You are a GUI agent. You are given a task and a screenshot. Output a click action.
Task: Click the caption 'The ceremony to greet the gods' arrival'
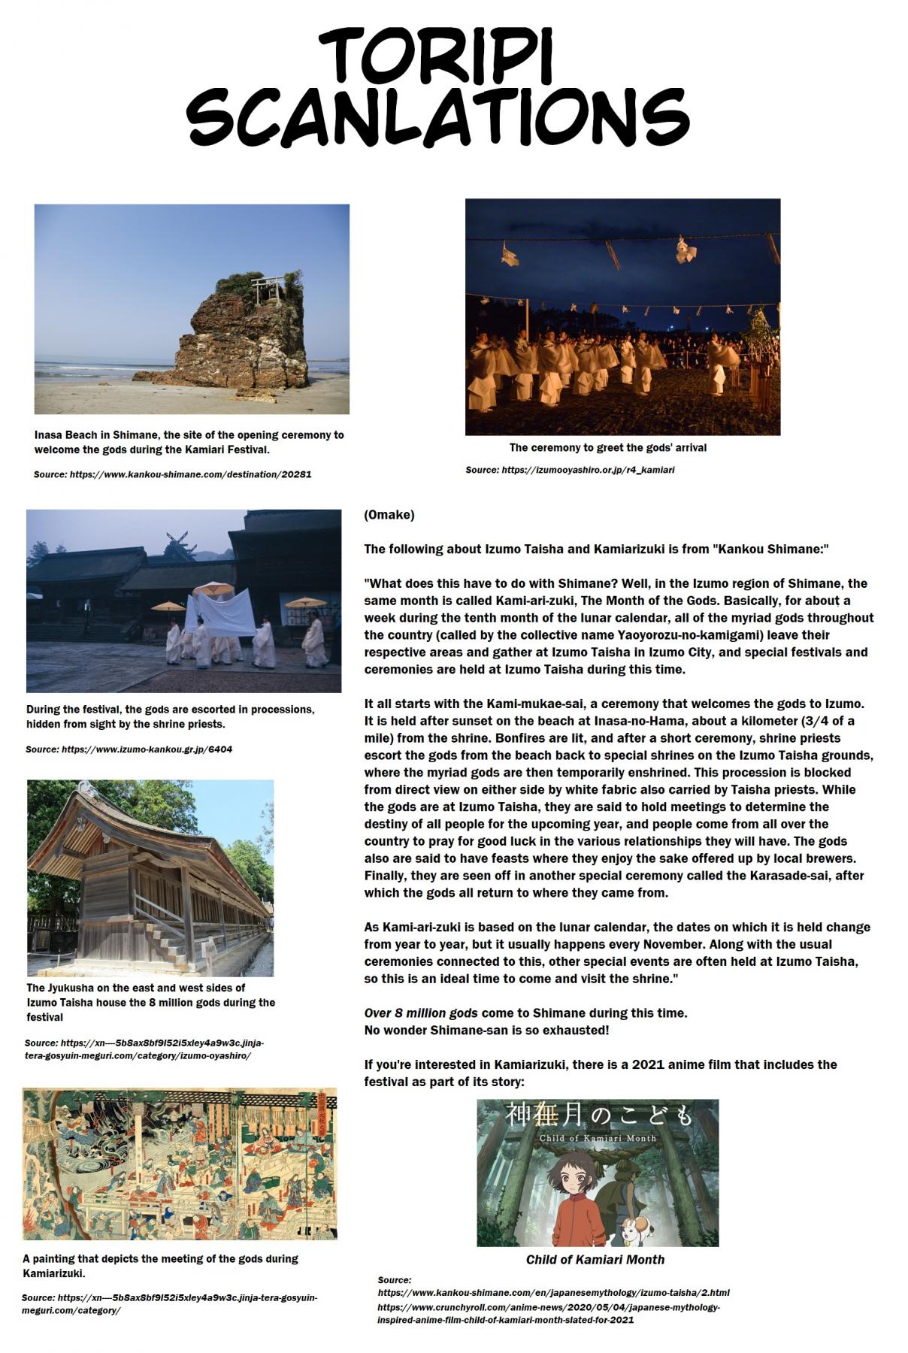pos(607,447)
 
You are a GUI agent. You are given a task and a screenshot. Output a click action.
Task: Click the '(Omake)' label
pos(389,515)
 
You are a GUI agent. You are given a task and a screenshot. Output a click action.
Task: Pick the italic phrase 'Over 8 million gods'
pos(421,1012)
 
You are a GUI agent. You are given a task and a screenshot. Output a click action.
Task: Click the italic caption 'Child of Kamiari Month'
pos(595,1259)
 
